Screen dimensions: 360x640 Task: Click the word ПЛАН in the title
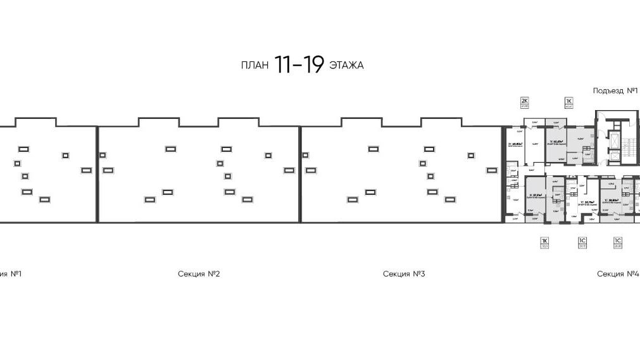255,65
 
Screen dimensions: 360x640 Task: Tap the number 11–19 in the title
299,65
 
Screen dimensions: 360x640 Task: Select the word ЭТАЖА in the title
346,65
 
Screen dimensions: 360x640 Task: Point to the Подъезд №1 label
614,91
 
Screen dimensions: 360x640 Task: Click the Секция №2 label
199,274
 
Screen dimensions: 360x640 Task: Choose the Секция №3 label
403,274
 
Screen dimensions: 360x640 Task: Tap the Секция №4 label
618,274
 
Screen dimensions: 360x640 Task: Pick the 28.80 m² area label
610,200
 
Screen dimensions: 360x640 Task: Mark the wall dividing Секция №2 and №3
300,174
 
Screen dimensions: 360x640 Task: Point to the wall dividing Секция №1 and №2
97,174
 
